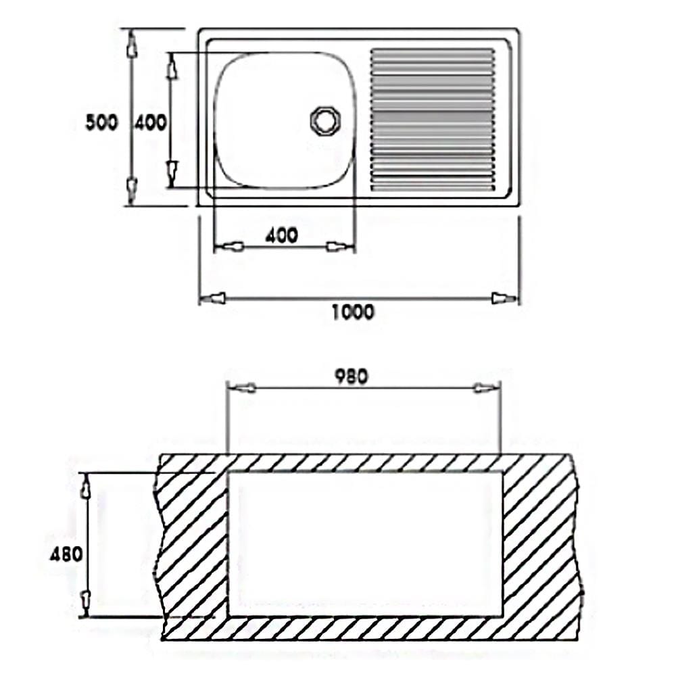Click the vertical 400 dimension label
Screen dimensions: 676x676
150,122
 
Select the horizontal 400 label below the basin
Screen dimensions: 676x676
281,235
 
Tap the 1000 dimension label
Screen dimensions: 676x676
353,312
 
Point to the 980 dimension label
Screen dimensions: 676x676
352,377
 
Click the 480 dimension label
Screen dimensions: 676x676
66,554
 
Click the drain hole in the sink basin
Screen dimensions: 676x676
326,120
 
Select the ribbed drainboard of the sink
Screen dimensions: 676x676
433,120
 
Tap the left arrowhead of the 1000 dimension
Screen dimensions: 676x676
212,298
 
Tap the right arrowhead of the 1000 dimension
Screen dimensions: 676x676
505,298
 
